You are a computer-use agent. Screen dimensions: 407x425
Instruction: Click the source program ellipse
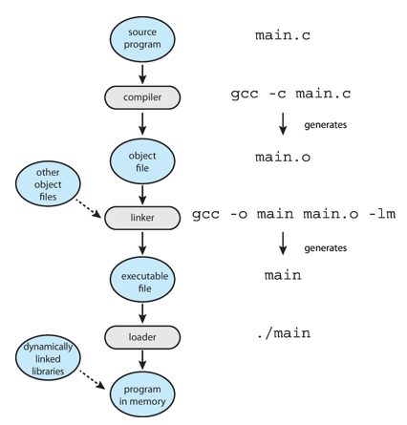142,39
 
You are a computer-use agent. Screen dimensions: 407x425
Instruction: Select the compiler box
142,97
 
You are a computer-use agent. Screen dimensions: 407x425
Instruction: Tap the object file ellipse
142,161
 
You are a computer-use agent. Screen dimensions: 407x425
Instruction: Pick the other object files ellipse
48,184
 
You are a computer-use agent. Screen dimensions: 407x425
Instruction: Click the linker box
142,218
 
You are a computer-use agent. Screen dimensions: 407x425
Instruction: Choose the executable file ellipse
142,280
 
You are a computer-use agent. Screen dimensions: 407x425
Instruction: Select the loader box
142,337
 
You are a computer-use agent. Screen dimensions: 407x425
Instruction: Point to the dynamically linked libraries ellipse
48,358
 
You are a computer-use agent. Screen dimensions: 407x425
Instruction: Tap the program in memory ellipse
142,394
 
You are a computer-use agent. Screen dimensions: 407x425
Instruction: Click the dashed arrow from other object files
88,208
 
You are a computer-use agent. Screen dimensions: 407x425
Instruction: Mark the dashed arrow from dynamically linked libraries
92,379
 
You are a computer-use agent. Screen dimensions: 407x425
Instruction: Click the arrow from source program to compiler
142,74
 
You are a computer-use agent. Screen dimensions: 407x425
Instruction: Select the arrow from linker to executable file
142,244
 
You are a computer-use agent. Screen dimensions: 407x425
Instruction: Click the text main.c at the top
283,35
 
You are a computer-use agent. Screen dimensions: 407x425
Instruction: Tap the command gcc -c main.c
290,95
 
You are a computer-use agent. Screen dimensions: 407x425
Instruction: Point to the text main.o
283,157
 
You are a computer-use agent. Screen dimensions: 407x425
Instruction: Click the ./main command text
284,333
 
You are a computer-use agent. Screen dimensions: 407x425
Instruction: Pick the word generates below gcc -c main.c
326,125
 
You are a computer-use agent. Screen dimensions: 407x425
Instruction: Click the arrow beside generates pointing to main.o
283,123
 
